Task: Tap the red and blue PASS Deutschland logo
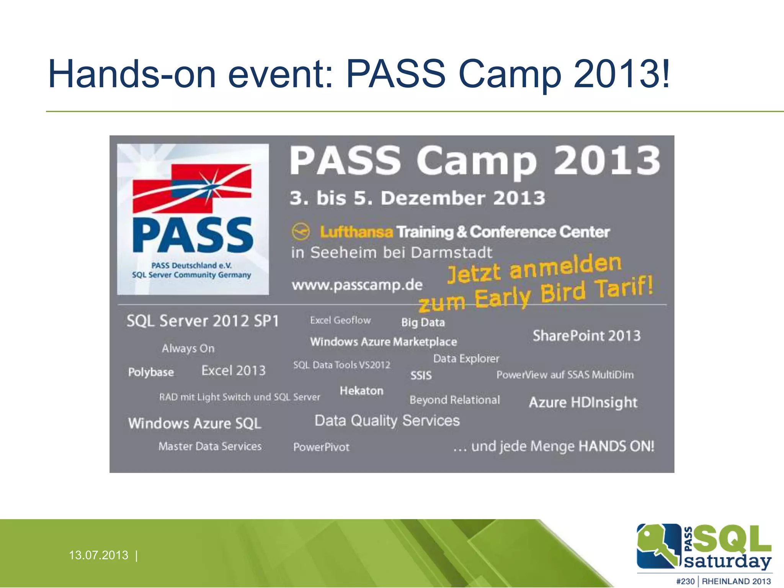click(193, 219)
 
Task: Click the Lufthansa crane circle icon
click(301, 231)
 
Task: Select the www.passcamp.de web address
click(357, 285)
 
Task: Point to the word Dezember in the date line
click(433, 198)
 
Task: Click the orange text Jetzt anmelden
click(534, 269)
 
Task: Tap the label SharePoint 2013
click(586, 336)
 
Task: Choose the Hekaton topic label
click(361, 391)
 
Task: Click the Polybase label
click(151, 372)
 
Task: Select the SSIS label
click(421, 376)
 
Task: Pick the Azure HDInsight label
click(583, 402)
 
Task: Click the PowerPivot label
click(321, 447)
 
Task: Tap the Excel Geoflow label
click(340, 320)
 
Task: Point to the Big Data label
click(423, 322)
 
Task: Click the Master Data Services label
click(210, 446)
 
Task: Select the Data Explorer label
click(466, 359)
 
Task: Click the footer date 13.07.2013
click(98, 555)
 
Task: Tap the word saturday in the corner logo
click(727, 561)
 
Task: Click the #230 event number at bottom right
click(685, 581)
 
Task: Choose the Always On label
click(188, 348)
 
